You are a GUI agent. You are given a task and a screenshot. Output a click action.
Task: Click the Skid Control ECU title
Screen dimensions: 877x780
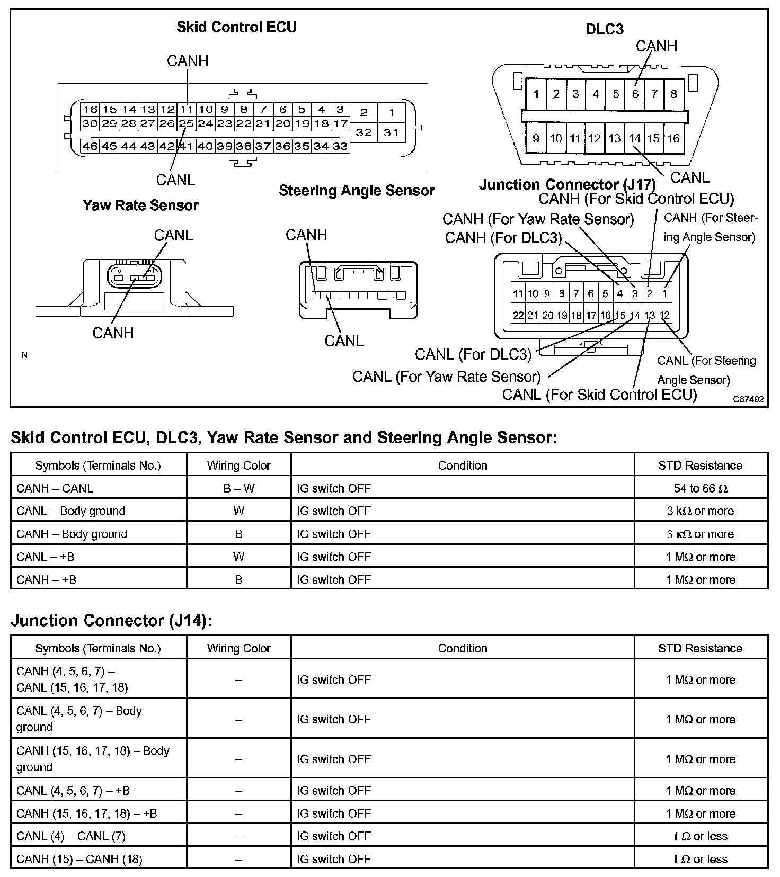tap(236, 27)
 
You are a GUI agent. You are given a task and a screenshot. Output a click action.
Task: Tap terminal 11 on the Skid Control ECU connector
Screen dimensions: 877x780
tap(186, 110)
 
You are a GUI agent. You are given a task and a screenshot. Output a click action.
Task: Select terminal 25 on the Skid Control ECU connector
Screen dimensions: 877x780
tap(186, 124)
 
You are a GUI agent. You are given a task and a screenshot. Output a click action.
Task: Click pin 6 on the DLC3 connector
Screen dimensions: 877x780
tap(635, 94)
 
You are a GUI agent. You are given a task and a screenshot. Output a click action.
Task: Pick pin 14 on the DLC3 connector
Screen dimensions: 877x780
tap(634, 139)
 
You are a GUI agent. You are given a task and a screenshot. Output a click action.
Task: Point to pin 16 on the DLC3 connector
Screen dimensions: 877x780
tap(673, 139)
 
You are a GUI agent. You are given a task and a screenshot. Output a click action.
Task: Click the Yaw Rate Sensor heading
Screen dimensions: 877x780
tap(140, 205)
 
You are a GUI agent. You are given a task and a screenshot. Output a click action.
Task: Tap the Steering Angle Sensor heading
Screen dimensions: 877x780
tap(357, 191)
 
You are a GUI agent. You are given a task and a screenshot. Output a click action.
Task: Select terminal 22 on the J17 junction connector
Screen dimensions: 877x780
tap(518, 316)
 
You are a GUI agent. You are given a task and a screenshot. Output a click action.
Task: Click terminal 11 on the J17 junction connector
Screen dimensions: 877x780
tap(518, 293)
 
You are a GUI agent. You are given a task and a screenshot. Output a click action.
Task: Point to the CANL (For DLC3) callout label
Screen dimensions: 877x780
tap(473, 354)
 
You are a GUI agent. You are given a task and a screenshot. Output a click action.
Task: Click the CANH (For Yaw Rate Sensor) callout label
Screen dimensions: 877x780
tap(538, 219)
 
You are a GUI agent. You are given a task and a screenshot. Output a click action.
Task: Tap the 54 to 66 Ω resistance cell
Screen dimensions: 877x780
tap(700, 488)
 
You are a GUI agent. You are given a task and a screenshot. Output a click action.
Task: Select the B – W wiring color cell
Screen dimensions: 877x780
tap(238, 488)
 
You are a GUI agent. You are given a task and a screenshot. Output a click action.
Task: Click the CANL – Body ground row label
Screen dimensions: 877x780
tap(70, 511)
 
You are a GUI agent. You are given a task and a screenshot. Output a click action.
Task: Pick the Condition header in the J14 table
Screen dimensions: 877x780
tap(462, 648)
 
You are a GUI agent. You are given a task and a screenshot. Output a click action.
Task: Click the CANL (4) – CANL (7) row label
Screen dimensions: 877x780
tap(70, 836)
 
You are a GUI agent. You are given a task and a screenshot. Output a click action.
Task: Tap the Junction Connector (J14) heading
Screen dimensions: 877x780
tap(111, 620)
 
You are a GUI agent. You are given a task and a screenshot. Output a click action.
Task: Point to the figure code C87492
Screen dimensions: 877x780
tap(749, 399)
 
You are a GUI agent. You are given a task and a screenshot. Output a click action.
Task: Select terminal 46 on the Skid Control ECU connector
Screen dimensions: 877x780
tap(90, 146)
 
